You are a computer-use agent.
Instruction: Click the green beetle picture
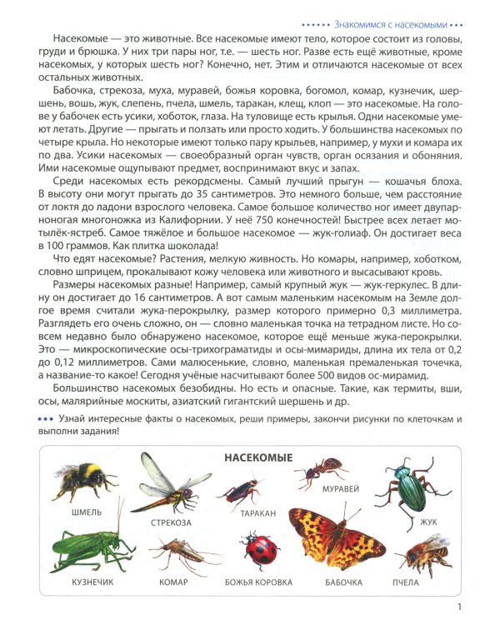tap(404, 488)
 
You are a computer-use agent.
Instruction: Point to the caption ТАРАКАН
tap(257, 515)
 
